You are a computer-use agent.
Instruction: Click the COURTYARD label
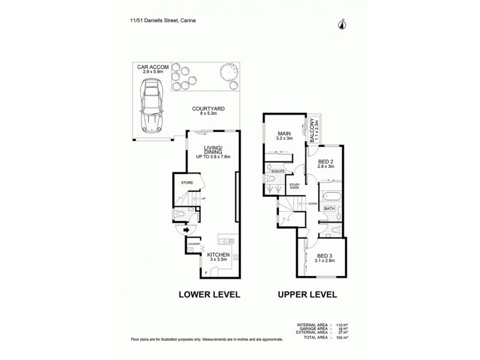(208, 110)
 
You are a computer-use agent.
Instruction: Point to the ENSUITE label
(277, 171)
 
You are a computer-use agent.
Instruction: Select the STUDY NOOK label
(294, 187)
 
